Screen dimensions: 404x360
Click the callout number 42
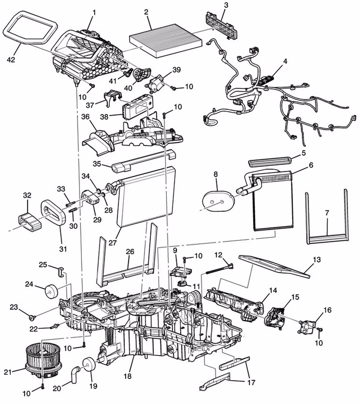click(x=10, y=60)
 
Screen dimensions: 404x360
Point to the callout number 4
click(x=285, y=61)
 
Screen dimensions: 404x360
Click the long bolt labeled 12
click(x=215, y=270)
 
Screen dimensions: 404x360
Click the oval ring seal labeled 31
click(x=53, y=214)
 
